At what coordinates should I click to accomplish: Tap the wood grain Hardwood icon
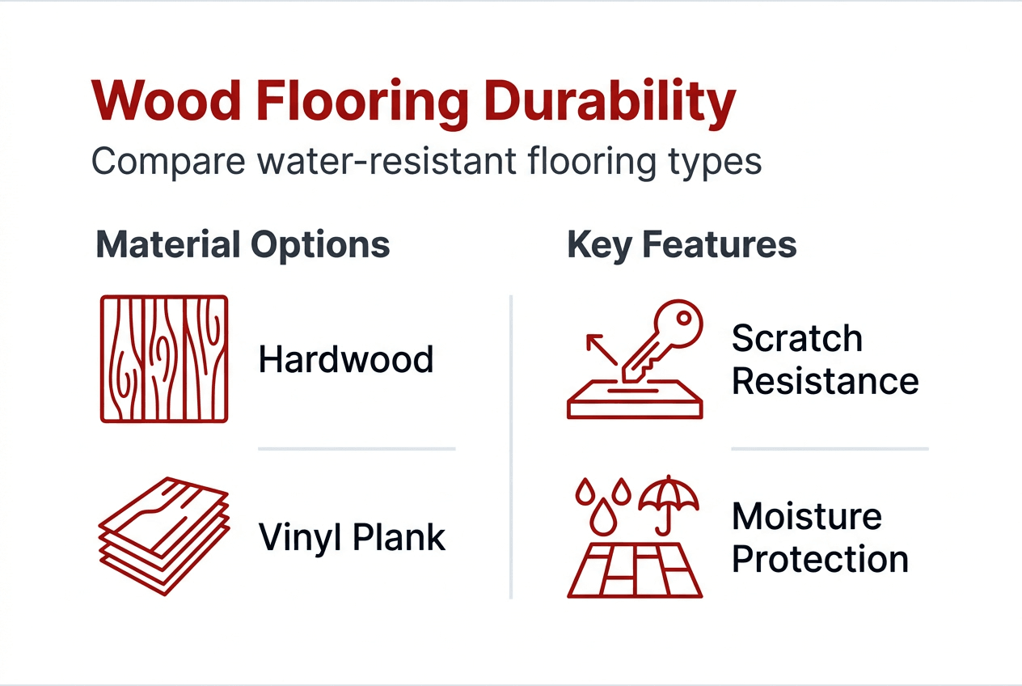164,358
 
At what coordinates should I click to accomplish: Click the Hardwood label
346,359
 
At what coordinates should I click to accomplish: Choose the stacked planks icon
164,534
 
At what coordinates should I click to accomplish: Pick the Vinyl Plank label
352,537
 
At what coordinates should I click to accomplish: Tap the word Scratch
796,339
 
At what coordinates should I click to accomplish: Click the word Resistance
825,381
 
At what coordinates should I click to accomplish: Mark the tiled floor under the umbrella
636,570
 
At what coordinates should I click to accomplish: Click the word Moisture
806,517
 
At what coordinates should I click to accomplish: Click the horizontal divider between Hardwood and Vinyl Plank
357,448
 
